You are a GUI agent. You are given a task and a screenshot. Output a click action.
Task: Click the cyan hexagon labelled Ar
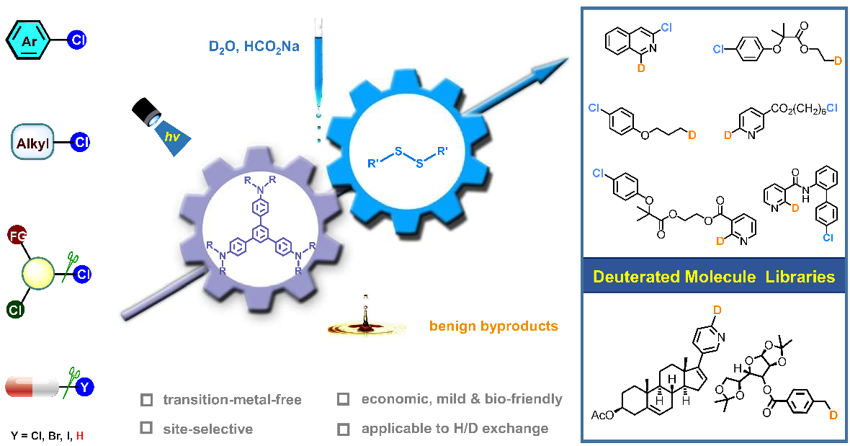tap(29, 41)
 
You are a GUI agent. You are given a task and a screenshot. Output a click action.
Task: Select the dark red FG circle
tap(17, 235)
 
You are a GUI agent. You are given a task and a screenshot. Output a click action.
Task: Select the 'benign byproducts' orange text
tap(493, 326)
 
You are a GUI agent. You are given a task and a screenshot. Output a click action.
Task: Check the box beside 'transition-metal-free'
tap(146, 399)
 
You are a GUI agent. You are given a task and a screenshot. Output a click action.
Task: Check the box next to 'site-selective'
tap(146, 429)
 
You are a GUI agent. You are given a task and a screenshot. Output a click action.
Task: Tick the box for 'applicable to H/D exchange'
tap(344, 429)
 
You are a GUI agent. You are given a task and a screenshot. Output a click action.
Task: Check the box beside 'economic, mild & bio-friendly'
tap(344, 399)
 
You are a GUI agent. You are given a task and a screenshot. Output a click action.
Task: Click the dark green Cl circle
tap(15, 311)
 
